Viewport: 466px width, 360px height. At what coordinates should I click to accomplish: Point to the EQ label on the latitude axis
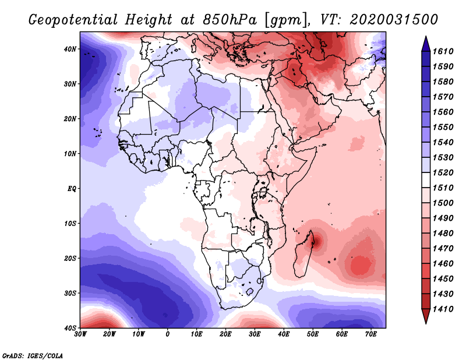coord(72,189)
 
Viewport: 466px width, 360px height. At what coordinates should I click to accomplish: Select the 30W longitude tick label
coord(80,334)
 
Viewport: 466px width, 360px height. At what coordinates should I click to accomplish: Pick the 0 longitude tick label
coord(168,334)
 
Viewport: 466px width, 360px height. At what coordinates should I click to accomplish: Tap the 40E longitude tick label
coord(284,334)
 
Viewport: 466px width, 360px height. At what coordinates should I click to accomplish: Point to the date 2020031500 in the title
coord(394,19)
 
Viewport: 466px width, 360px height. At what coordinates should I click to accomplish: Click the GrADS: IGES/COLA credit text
coord(33,355)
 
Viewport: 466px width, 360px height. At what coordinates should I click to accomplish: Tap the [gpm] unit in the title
coord(286,19)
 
